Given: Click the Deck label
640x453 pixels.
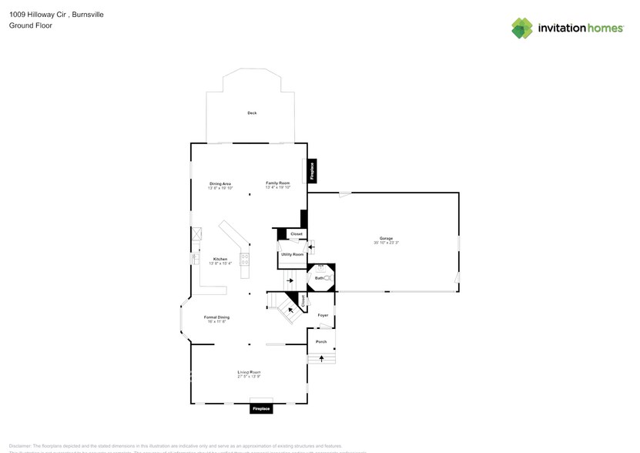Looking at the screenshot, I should (x=252, y=113).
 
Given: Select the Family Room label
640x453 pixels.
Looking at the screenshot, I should (x=277, y=183).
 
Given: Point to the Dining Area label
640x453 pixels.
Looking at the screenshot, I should (x=220, y=183).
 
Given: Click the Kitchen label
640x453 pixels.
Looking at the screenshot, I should (x=220, y=259).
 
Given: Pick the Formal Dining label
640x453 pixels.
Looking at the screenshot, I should (x=216, y=317).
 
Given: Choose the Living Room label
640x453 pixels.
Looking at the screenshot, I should (x=249, y=372).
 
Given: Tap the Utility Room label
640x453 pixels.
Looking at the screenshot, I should (x=292, y=253).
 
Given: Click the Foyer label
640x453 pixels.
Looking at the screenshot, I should (x=323, y=315).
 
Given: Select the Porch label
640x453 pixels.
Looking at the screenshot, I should (x=321, y=341).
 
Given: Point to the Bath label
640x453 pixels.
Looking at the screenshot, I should (x=318, y=278).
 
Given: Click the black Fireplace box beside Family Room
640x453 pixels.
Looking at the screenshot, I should (x=312, y=170).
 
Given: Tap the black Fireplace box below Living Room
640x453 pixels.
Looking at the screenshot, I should (x=261, y=408).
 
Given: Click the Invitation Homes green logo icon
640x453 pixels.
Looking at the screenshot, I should (x=522, y=29).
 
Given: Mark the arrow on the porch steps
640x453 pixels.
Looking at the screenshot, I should (x=321, y=358).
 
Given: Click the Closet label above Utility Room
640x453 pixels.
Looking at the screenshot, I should (x=297, y=233).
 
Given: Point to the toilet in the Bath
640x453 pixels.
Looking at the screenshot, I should (x=327, y=278).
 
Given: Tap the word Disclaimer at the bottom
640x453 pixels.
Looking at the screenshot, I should (x=19, y=445).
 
